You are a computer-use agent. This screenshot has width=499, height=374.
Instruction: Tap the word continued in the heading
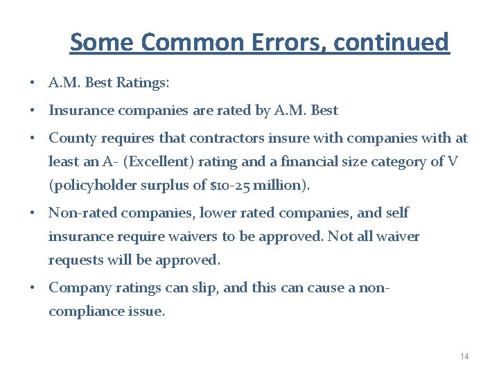[391, 42]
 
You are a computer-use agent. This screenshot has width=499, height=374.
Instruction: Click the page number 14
[464, 356]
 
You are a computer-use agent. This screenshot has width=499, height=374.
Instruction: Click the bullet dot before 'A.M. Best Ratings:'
[33, 84]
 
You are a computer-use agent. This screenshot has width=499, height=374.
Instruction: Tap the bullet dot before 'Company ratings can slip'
[33, 287]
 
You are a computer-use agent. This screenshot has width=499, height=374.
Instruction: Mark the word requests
[74, 260]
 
